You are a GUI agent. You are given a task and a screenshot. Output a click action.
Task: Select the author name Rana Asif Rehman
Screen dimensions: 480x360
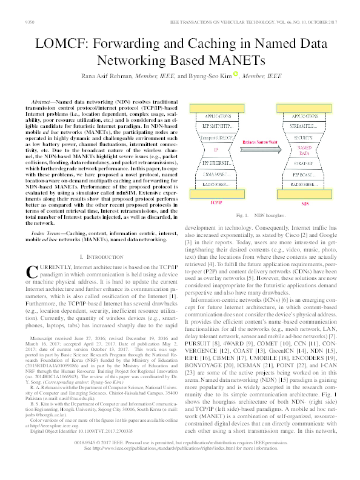[x=105, y=76]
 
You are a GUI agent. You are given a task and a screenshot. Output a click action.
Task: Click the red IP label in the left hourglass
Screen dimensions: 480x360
[x=216, y=150]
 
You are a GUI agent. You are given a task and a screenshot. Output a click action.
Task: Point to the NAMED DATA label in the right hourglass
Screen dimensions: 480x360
[x=304, y=150]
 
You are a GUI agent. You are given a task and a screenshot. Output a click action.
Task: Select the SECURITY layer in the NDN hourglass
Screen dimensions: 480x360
[x=304, y=137]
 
